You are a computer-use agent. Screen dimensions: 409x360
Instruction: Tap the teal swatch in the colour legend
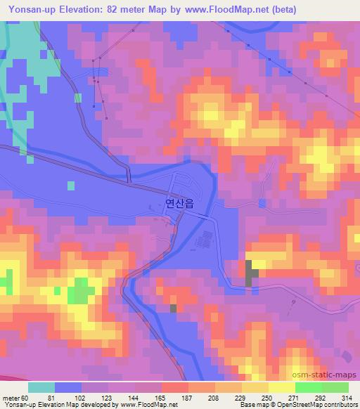click(41, 387)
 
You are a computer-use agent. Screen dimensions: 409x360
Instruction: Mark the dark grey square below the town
click(174, 308)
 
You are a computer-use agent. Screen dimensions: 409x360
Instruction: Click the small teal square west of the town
click(70, 185)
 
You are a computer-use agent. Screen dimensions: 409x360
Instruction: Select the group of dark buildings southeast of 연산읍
click(205, 242)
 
